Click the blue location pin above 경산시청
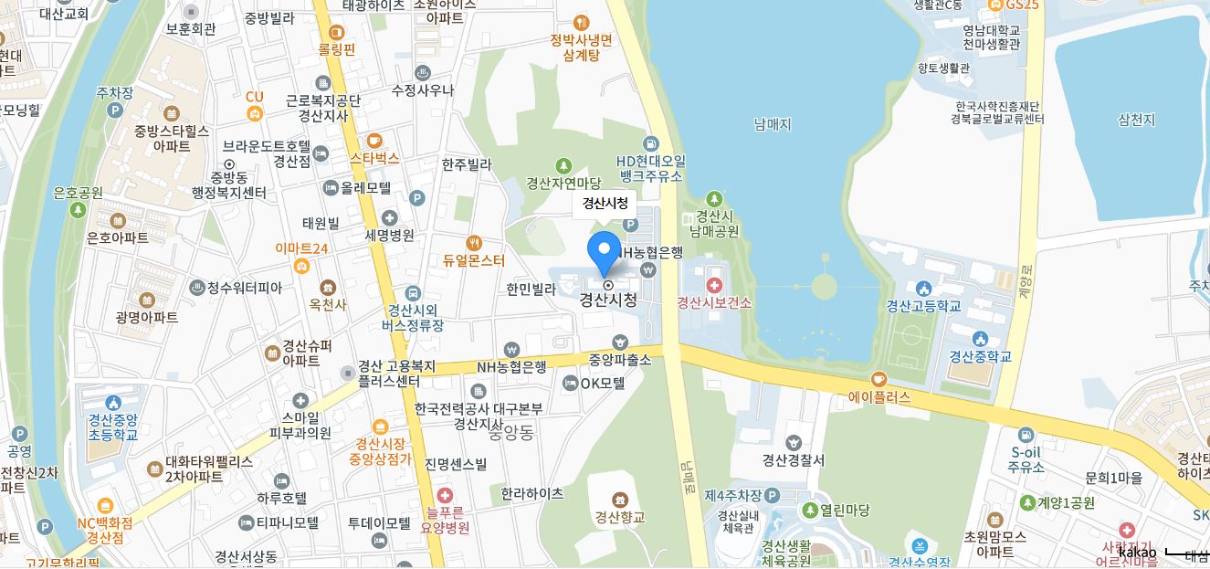pyautogui.click(x=604, y=249)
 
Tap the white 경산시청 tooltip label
pyautogui.click(x=605, y=204)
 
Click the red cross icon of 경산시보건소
pyautogui.click(x=714, y=286)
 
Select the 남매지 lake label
pyautogui.click(x=773, y=124)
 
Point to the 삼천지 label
pyautogui.click(x=1136, y=120)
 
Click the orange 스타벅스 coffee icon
pyautogui.click(x=374, y=141)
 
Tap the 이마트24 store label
pyautogui.click(x=301, y=248)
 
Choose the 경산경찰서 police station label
pyautogui.click(x=794, y=459)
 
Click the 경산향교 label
pyautogui.click(x=620, y=517)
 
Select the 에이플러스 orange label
pyautogui.click(x=879, y=397)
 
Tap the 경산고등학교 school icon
pyautogui.click(x=923, y=289)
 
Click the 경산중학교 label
pyautogui.click(x=980, y=356)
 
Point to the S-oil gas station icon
pyautogui.click(x=1026, y=435)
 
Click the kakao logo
pyautogui.click(x=1137, y=552)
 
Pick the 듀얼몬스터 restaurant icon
pyautogui.click(x=473, y=243)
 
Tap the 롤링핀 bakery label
pyautogui.click(x=336, y=48)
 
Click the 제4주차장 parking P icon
pyautogui.click(x=772, y=495)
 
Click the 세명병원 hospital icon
pyautogui.click(x=390, y=217)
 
